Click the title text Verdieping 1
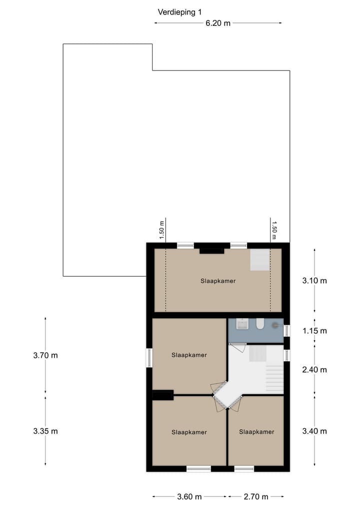click(179, 12)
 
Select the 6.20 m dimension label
click(218, 23)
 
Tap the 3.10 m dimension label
click(314, 281)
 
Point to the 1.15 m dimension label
click(314, 331)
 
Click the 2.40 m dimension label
click(314, 370)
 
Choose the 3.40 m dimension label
click(314, 432)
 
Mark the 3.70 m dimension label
click(45, 356)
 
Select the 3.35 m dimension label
click(45, 432)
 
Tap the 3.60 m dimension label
click(189, 497)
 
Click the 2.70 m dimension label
click(256, 497)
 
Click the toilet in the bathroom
click(259, 325)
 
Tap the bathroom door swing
click(237, 347)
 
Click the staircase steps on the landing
click(274, 379)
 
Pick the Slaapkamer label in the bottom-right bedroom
click(256, 432)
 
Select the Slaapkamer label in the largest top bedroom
click(218, 281)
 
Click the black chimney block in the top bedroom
click(211, 251)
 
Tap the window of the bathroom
click(286, 331)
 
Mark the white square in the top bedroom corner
click(259, 260)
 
